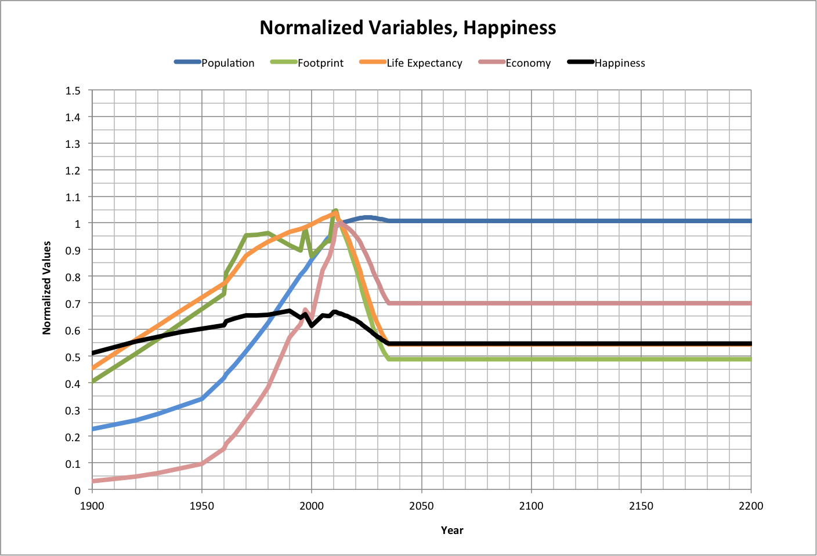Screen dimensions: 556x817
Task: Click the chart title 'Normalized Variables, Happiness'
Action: tap(408, 28)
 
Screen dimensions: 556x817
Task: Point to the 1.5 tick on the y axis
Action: tap(73, 90)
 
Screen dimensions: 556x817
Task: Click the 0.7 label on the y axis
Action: tap(73, 303)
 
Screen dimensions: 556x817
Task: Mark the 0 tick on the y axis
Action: tap(77, 490)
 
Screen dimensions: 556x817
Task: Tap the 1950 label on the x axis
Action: tap(202, 506)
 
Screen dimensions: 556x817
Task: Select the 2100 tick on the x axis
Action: tap(531, 506)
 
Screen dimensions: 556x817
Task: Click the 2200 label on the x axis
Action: tap(751, 506)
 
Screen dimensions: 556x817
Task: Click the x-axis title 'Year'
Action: tap(452, 530)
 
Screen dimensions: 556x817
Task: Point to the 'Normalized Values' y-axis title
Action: tap(47, 288)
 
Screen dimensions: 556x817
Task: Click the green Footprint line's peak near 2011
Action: tap(335, 211)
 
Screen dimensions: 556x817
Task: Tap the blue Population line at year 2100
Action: tap(532, 221)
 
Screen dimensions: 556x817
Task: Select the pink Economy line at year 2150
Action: tap(641, 303)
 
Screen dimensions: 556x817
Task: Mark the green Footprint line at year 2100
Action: tap(532, 359)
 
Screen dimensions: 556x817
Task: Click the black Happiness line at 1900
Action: tap(93, 353)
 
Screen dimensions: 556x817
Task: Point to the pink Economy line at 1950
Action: tap(202, 464)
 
